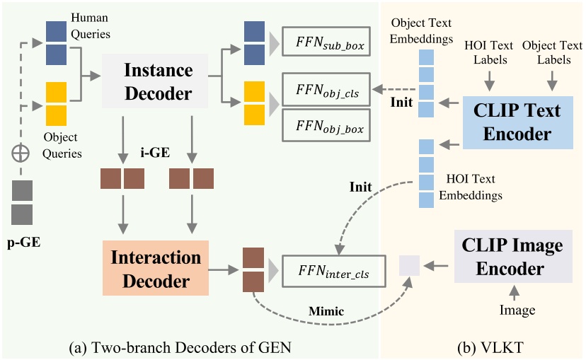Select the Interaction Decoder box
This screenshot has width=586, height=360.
156,268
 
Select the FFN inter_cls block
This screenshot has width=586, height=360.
325,269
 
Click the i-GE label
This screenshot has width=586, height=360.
158,151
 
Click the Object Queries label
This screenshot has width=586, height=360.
63,145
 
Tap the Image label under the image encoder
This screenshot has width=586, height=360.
517,310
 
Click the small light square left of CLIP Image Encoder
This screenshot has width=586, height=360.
409,266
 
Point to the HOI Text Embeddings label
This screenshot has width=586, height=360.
472,187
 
